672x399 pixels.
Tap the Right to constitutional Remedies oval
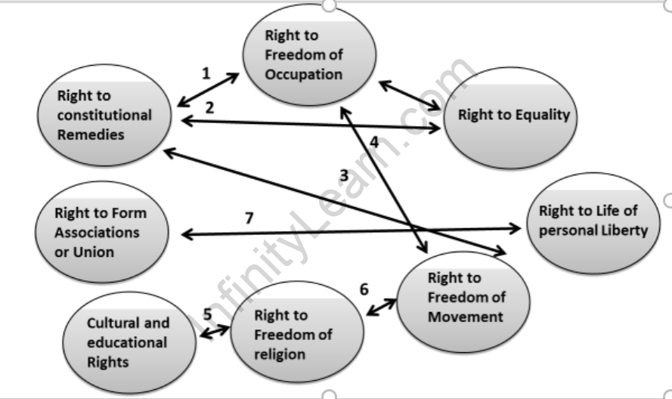(104, 116)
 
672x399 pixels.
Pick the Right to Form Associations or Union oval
(100, 232)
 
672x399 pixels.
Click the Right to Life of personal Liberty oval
(593, 221)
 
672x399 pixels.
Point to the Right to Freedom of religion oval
(292, 334)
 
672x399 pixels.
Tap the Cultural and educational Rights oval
(129, 342)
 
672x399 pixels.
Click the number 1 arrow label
(206, 73)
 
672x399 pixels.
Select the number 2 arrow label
(210, 107)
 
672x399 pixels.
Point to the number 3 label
(343, 175)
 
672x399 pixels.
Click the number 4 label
(374, 141)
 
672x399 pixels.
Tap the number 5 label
(206, 315)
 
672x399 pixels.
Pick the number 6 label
(364, 289)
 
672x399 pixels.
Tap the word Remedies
(90, 135)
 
